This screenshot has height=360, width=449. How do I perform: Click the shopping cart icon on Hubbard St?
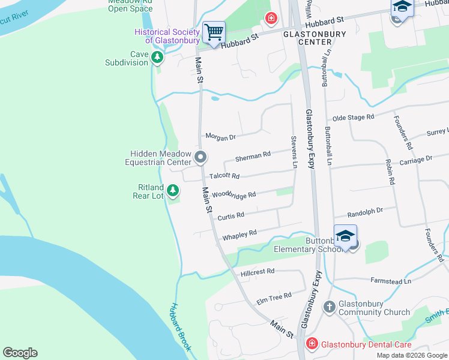pyautogui.click(x=214, y=32)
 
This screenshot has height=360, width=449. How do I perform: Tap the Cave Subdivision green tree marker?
pyautogui.click(x=157, y=58)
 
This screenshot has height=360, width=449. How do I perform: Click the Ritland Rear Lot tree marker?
pyautogui.click(x=173, y=191)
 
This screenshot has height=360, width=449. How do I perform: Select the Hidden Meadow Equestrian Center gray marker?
pyautogui.click(x=200, y=158)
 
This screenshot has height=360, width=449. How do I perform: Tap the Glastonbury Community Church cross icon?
pyautogui.click(x=329, y=307)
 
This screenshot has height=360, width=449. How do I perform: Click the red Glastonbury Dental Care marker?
pyautogui.click(x=312, y=344)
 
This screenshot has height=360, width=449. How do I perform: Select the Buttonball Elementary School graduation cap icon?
pyautogui.click(x=345, y=236)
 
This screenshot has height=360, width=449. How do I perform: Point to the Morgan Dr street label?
pyautogui.click(x=221, y=137)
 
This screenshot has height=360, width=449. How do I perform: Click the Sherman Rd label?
pyautogui.click(x=253, y=157)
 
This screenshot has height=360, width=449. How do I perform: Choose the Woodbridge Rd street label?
pyautogui.click(x=234, y=195)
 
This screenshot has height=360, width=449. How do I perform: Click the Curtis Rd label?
pyautogui.click(x=231, y=215)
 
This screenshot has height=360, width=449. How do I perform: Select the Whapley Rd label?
pyautogui.click(x=240, y=235)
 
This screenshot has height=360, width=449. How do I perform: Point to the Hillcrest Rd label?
pyautogui.click(x=257, y=272)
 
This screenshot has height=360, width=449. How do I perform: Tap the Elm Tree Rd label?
pyautogui.click(x=274, y=296)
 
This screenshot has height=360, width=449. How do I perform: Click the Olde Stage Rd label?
pyautogui.click(x=354, y=117)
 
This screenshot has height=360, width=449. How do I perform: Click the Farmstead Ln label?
pyautogui.click(x=391, y=280)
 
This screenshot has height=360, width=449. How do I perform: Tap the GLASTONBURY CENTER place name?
pyautogui.click(x=315, y=38)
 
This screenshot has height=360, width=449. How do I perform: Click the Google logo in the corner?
pyautogui.click(x=20, y=353)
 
